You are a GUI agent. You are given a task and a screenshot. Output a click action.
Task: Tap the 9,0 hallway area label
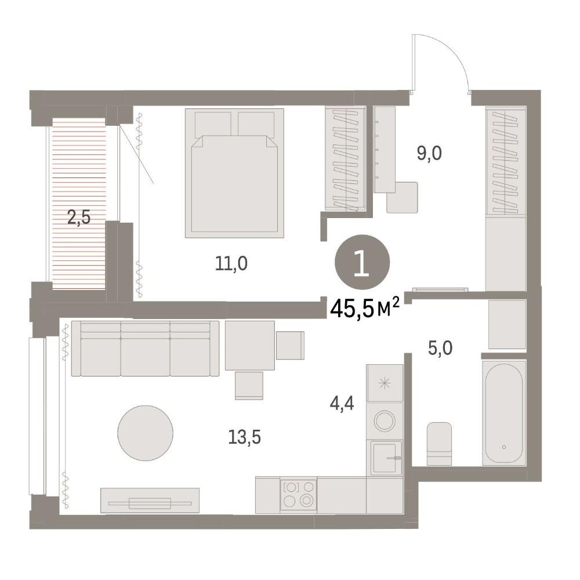pyautogui.click(x=429, y=153)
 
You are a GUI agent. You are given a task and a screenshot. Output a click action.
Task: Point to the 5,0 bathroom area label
pyautogui.click(x=440, y=349)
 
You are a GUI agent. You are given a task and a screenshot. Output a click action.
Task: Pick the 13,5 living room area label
pyautogui.click(x=245, y=437)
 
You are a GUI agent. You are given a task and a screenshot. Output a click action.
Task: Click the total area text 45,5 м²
pyautogui.click(x=365, y=308)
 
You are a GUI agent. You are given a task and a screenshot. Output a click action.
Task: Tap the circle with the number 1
pyautogui.click(x=362, y=262)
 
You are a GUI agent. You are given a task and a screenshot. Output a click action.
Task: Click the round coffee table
pyautogui.click(x=146, y=433)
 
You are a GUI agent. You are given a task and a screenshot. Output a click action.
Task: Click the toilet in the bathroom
pyautogui.click(x=439, y=444)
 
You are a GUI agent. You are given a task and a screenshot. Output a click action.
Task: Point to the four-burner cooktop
pyautogui.click(x=298, y=495)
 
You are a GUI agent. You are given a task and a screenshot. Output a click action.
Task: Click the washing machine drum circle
pyautogui.click(x=385, y=420)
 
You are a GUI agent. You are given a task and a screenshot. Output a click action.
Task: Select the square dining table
pyautogui.click(x=250, y=346)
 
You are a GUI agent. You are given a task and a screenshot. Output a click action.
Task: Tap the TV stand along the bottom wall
pyautogui.click(x=150, y=501)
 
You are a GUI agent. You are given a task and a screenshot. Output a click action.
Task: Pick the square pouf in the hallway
pyautogui.click(x=402, y=198)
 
